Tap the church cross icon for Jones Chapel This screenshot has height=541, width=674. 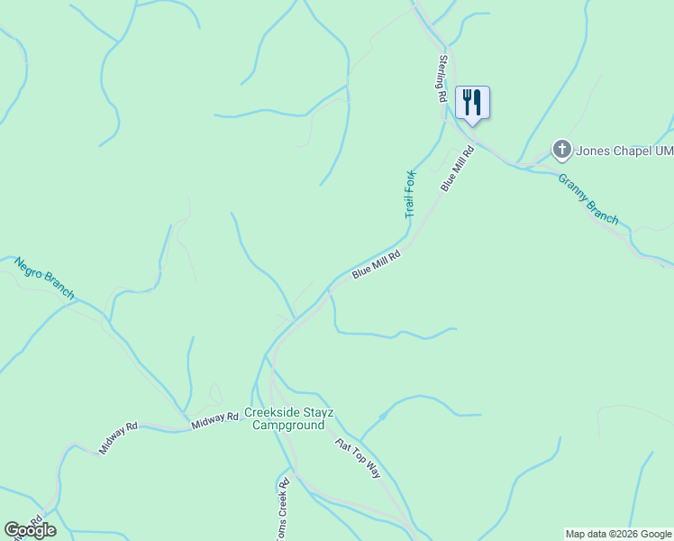click(561, 149)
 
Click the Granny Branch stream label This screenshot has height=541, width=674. click(588, 198)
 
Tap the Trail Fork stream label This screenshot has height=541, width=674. click(410, 194)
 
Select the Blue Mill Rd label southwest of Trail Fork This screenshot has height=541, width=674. click(376, 264)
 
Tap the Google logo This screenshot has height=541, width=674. click(30, 530)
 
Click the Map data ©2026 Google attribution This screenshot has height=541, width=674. click(618, 534)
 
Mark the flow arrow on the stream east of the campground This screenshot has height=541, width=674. click(382, 417)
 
